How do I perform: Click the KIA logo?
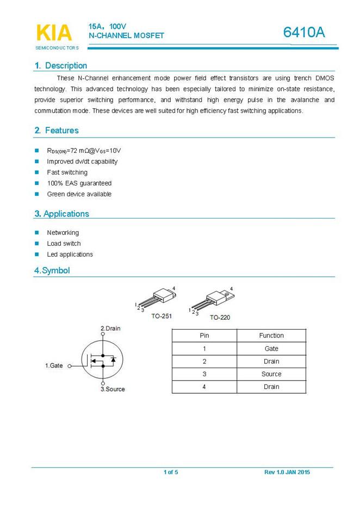pos(53,34)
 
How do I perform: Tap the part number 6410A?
pos(304,33)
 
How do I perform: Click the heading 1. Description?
pos(60,66)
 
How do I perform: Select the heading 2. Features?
pos(56,131)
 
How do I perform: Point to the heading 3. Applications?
pos(61,214)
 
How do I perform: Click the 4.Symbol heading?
pos(52,270)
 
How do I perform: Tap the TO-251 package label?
pos(162,315)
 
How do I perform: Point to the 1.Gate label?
pos(54,366)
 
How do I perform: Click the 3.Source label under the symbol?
pos(113,389)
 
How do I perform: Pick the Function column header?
pos(271,336)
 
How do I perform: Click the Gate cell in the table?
pos(271,349)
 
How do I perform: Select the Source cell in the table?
pos(271,374)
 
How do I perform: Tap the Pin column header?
pos(204,336)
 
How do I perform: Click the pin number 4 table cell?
pos(204,387)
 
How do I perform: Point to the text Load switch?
pos(64,244)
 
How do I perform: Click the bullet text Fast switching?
pos(67,172)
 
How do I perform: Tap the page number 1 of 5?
pos(171,472)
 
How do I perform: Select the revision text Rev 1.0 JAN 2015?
pos(287,472)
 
